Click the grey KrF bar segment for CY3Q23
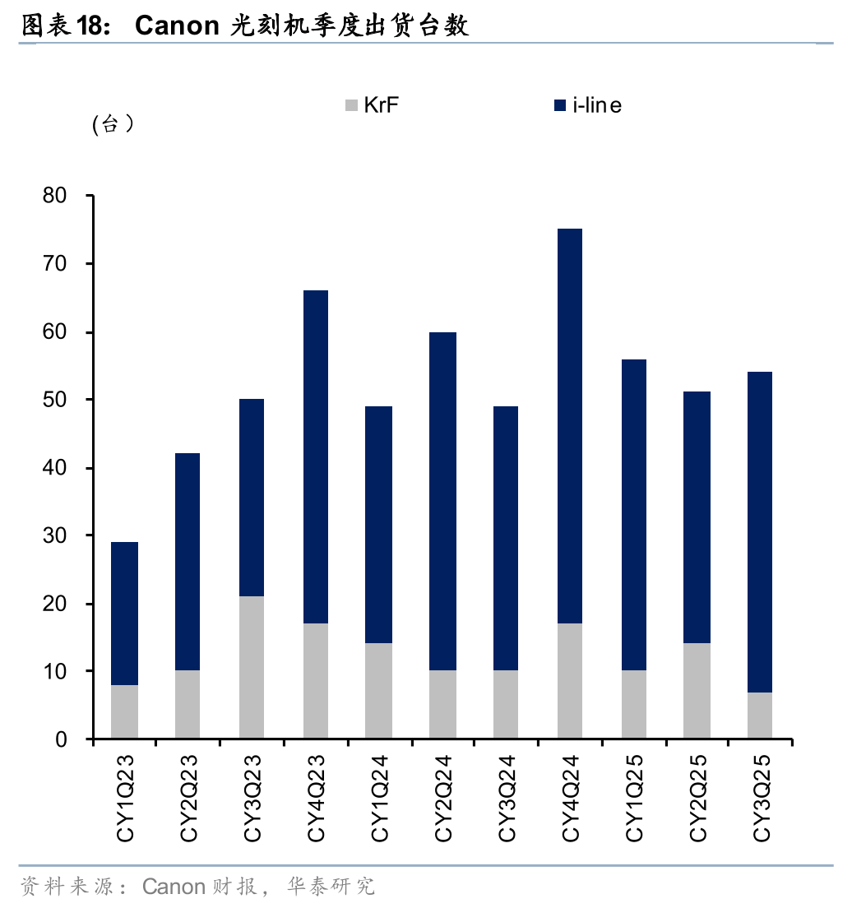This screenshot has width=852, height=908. (x=252, y=667)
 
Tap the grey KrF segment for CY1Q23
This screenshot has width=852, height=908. (x=124, y=711)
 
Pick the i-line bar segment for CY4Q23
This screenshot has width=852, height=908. (x=316, y=456)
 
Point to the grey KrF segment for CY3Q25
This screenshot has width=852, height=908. (x=760, y=716)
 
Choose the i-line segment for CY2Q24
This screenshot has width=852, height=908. (x=443, y=501)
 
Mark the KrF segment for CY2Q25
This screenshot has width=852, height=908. (x=697, y=691)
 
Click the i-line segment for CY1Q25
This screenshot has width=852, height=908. (x=634, y=515)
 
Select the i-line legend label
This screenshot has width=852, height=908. (x=597, y=105)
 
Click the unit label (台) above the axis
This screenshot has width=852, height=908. (x=114, y=125)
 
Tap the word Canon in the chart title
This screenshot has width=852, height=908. (x=176, y=26)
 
